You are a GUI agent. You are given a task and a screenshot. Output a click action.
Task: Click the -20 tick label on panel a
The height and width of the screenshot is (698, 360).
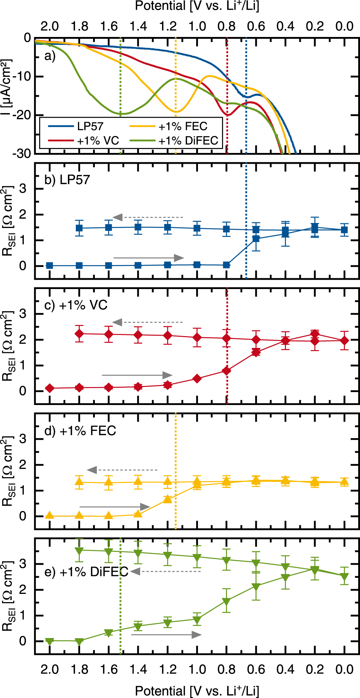[x=22, y=115]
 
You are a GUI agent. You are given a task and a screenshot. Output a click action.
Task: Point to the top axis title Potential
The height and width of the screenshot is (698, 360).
[x=197, y=6]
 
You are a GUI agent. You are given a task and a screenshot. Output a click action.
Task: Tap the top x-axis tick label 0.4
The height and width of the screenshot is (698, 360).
[x=285, y=26]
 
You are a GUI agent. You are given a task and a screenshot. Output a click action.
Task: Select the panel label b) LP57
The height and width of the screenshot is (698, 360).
[x=67, y=180]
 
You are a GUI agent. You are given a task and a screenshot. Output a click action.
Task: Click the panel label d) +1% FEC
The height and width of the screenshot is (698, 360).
[x=80, y=431]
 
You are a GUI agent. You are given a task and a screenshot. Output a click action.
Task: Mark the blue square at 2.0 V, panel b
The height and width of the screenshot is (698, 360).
[x=50, y=266]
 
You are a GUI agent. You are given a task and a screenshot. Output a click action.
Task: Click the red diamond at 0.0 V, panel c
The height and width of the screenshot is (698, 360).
[x=344, y=340]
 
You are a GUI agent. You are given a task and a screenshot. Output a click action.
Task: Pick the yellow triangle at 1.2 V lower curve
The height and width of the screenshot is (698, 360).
[x=167, y=499]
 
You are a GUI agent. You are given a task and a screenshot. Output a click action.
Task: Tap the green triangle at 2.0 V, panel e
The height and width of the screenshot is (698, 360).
[x=50, y=641]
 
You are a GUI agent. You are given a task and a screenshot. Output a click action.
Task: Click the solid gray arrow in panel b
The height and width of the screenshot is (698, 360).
[x=148, y=258]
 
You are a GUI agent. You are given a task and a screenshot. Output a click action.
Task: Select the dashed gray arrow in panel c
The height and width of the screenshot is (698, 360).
[x=148, y=322]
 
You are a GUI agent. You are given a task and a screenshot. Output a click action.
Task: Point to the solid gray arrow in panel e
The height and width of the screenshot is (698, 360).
[x=166, y=634]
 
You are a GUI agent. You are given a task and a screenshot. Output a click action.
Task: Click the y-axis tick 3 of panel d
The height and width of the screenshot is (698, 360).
[x=23, y=438]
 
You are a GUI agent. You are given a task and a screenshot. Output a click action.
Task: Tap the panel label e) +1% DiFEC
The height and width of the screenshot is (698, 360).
[x=86, y=572]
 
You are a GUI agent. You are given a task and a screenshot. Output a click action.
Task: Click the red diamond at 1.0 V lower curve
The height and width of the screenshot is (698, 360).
[x=197, y=378]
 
